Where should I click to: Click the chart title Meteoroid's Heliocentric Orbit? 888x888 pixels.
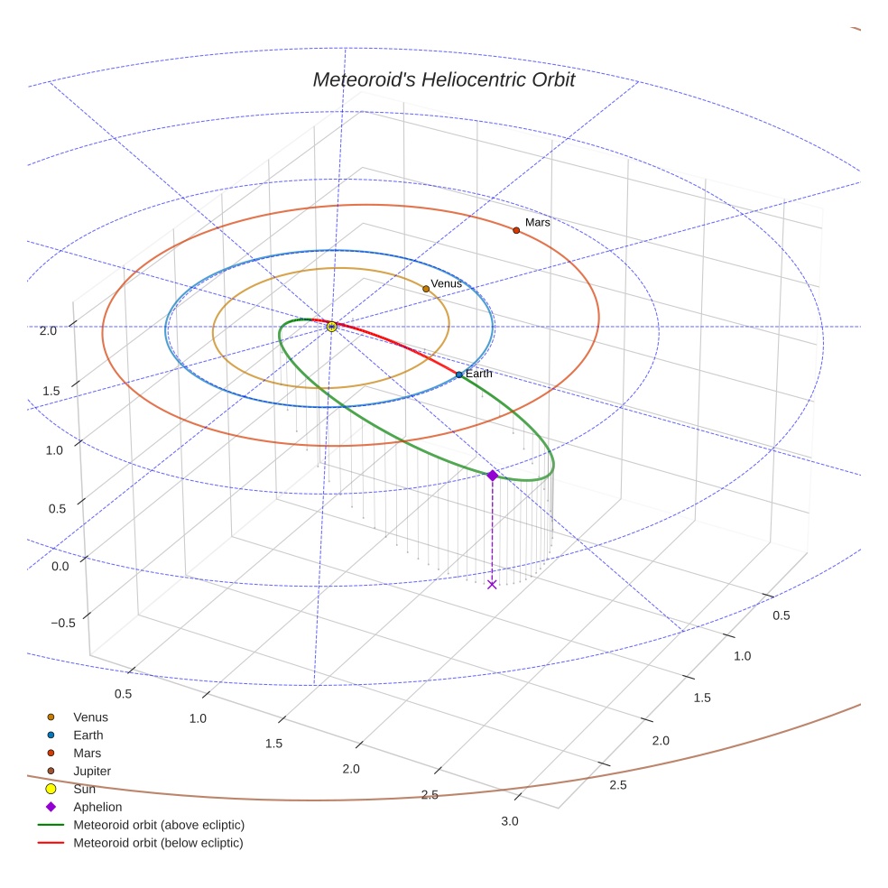tap(443, 79)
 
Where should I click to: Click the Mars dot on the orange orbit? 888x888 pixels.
tap(516, 230)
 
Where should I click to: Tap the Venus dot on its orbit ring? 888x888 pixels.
tap(426, 289)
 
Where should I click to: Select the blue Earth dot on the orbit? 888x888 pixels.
tap(458, 375)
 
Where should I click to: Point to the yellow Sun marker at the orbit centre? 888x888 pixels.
tap(331, 326)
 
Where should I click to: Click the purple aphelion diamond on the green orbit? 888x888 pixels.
tap(492, 475)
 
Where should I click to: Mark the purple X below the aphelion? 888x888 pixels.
tap(492, 584)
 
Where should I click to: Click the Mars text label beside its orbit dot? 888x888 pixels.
tap(538, 222)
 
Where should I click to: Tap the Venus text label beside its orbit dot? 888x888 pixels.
tap(447, 283)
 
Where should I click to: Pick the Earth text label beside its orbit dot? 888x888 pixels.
tap(479, 373)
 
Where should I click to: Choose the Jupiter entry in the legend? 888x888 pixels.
tap(92, 771)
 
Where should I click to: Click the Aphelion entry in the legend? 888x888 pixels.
tap(97, 807)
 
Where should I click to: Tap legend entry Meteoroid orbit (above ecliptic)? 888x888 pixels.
tap(159, 825)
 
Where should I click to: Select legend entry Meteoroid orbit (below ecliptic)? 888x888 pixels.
tap(158, 843)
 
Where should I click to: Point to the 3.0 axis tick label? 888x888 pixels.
tap(510, 820)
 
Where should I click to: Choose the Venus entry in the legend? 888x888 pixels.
tap(90, 717)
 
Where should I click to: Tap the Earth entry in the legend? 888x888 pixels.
tap(88, 735)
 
